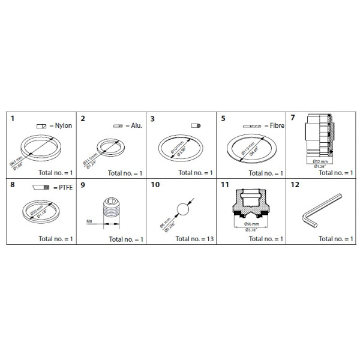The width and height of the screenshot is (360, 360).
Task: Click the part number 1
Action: [x=13, y=119]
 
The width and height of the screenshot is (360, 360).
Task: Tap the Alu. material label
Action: [x=130, y=127]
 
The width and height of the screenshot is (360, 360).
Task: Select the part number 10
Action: [x=155, y=185]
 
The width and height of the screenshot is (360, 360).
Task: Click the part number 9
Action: [x=83, y=185]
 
